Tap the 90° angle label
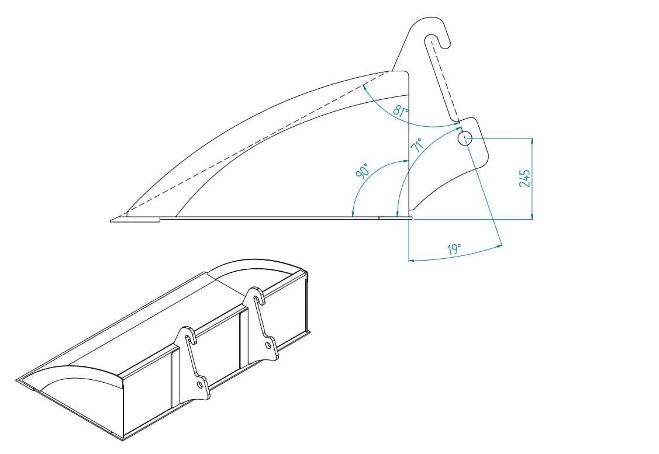pos(363,171)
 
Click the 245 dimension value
pos(525,178)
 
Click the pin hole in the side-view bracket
pos(465,138)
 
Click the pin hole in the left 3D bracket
pos(200,385)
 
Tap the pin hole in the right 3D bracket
pos(268,345)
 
